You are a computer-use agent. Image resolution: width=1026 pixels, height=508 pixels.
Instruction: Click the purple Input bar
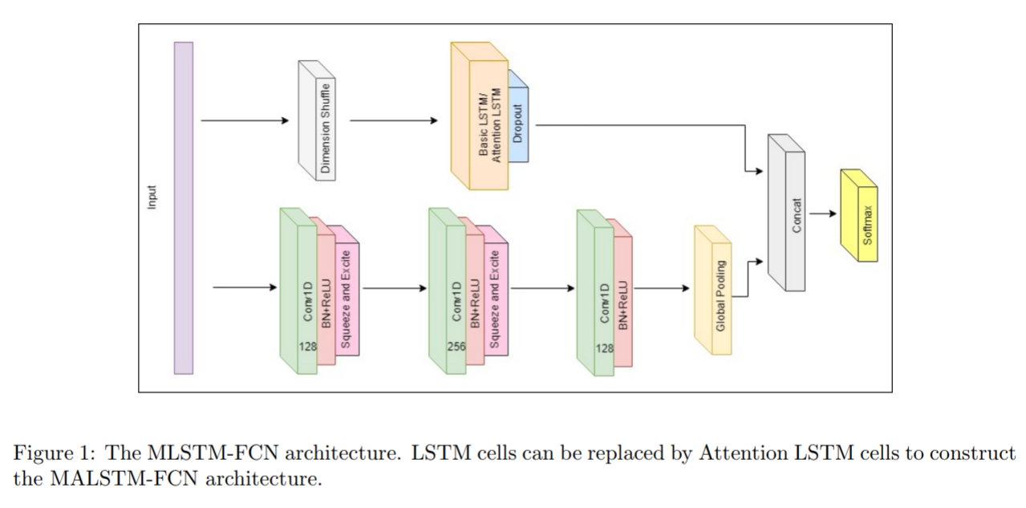tap(184, 208)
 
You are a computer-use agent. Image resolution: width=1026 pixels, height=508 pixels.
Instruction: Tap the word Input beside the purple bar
tap(152, 197)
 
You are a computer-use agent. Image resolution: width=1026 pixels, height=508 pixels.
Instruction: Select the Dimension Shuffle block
tap(317, 120)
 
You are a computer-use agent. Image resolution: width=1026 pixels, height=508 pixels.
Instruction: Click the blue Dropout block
tap(518, 116)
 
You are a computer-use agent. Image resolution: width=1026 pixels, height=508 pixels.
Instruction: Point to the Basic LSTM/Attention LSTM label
tap(489, 125)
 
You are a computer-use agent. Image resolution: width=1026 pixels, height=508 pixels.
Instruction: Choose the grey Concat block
tap(786, 213)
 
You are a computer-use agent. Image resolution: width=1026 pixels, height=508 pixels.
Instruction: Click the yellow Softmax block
tap(859, 215)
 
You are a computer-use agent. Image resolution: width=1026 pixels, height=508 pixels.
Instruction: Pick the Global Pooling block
tap(713, 290)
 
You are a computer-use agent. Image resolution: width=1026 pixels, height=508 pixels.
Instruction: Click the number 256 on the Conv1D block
tap(456, 347)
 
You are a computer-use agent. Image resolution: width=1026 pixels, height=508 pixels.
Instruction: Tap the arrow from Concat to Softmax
tap(823, 213)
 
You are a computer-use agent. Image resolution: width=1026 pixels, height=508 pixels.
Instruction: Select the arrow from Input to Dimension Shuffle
tap(245, 120)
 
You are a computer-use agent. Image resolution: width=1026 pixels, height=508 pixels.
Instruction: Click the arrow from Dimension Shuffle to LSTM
tap(394, 120)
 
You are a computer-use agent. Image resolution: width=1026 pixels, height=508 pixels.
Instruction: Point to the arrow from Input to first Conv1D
tap(245, 287)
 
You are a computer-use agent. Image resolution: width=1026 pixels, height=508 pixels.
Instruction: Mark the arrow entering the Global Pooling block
tap(662, 288)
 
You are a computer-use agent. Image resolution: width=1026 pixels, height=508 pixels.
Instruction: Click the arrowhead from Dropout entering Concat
tap(759, 171)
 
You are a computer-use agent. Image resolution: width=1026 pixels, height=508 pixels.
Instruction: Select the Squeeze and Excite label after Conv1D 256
tap(495, 299)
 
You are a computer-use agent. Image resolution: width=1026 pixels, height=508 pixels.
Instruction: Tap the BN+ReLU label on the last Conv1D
tap(623, 305)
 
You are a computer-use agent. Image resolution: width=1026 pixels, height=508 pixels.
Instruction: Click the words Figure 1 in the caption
tap(54, 453)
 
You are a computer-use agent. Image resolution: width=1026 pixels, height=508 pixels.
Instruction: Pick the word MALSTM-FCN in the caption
tap(124, 479)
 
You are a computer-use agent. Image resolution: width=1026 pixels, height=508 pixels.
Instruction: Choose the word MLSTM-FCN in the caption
tap(213, 453)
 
